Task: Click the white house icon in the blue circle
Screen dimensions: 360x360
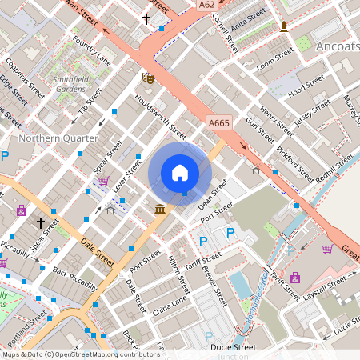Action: click(180, 172)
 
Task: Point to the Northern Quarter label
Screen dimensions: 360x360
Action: click(57, 138)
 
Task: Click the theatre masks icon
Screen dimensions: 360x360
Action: click(147, 78)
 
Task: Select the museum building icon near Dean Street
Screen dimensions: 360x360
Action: click(160, 209)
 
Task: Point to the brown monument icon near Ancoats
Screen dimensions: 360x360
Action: click(283, 27)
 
